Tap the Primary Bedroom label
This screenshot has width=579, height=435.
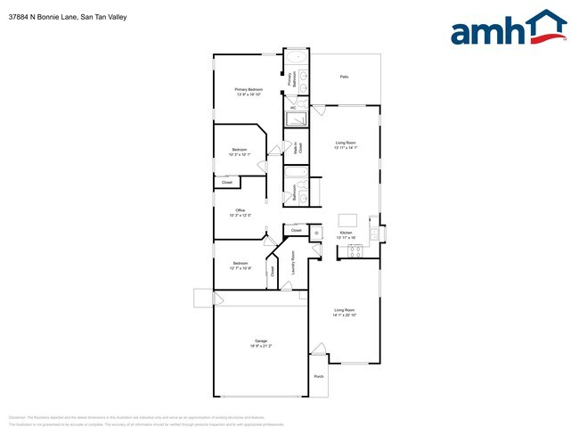pos(249,89)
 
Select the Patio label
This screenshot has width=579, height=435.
pos(344,77)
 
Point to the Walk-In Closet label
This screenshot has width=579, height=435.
pos(299,148)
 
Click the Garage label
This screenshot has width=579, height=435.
pos(261,341)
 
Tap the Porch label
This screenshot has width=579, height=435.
pos(319,376)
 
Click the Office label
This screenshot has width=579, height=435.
pos(240,210)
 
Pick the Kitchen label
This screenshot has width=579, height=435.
pos(347,233)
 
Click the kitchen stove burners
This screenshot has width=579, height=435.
pos(352,250)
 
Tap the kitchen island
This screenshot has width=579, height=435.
pos(347,219)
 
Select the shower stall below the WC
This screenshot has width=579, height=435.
pos(295,120)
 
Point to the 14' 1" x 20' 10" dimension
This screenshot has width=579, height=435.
pos(345,315)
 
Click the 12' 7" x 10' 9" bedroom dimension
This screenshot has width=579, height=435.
pos(240,268)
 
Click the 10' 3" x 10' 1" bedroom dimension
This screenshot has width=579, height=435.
pos(240,154)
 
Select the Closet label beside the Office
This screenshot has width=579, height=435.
pos(227,183)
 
